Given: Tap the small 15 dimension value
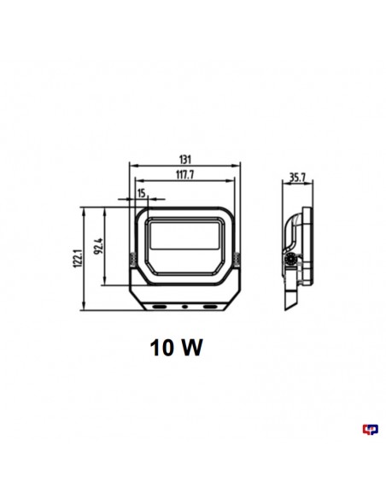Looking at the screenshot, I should (140, 194).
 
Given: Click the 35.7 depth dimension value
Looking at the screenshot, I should (298, 179).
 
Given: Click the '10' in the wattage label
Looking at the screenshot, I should (163, 349).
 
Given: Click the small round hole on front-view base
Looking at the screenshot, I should (184, 304).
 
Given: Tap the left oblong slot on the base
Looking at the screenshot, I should (159, 304).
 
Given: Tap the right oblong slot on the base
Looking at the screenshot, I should (210, 304).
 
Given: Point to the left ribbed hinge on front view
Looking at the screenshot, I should (132, 260).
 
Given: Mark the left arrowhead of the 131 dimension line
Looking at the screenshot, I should (130, 165).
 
